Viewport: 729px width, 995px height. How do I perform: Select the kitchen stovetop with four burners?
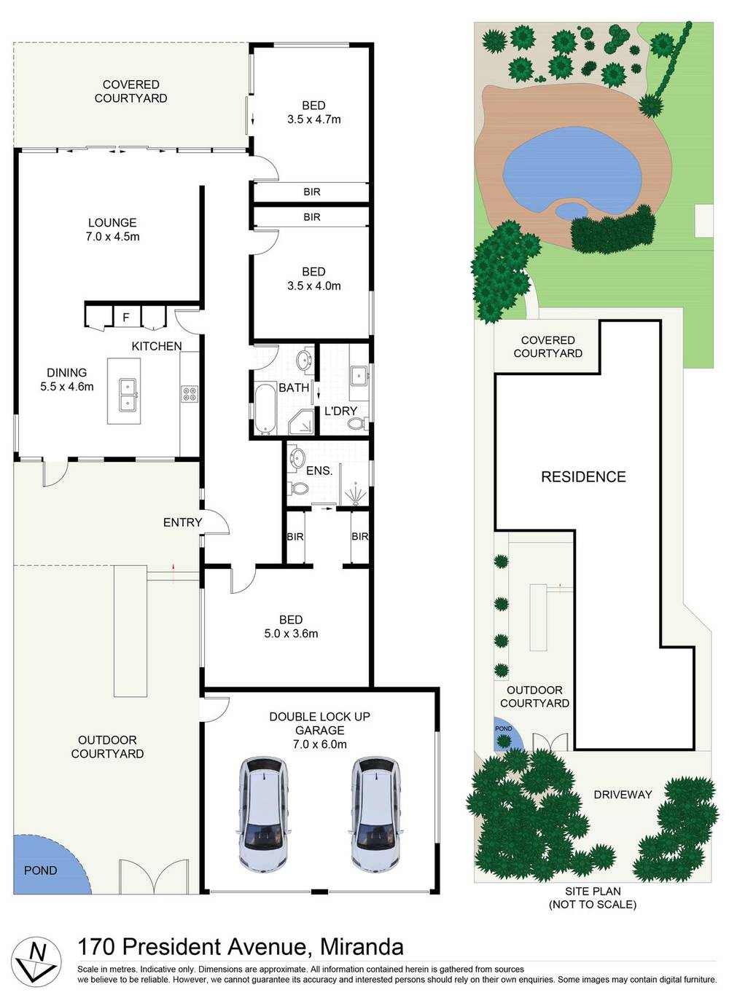tap(189, 394)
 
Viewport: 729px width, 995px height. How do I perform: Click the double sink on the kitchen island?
tap(128, 394)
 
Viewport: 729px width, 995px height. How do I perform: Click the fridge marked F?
tap(126, 317)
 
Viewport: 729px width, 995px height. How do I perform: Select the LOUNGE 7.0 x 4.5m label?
tap(112, 229)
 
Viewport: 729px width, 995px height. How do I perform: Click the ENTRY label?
tap(182, 522)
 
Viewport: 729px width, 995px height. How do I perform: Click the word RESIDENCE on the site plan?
tap(583, 477)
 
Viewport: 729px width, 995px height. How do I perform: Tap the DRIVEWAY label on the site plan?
tap(623, 795)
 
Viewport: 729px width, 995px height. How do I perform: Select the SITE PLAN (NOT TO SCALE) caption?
tap(592, 897)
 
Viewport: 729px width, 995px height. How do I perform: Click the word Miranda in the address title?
tap(362, 946)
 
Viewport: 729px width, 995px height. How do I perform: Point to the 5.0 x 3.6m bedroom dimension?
tap(291, 634)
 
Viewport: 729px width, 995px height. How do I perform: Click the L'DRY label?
tap(340, 411)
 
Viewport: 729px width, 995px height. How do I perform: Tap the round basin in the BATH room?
tap(304, 359)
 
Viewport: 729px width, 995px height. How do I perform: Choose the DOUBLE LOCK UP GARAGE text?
tap(319, 723)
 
